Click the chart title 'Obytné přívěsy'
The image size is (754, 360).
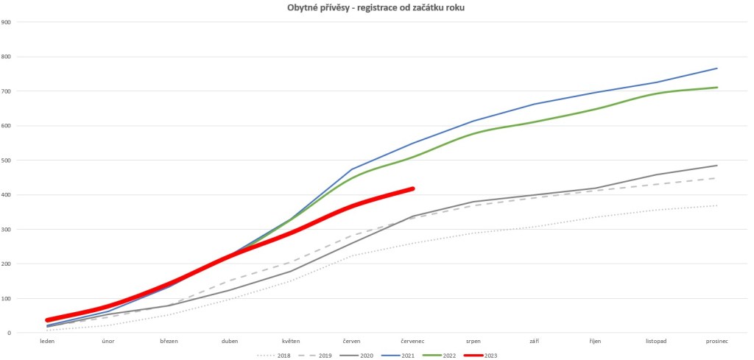tap(376, 7)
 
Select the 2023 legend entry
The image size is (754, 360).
tap(490, 355)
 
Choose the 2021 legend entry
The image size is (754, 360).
tap(408, 355)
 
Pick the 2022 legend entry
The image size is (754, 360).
tap(449, 355)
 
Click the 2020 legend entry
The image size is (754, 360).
tap(367, 355)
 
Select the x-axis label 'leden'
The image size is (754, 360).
tap(47, 341)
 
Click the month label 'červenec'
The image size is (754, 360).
tap(412, 341)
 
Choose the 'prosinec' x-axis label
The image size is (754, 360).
tap(716, 341)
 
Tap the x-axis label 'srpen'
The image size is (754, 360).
tap(473, 341)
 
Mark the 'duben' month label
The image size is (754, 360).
tap(230, 341)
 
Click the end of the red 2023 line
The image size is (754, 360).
tap(412, 189)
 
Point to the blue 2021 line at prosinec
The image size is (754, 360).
tap(716, 68)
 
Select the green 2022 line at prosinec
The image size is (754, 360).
tap(716, 88)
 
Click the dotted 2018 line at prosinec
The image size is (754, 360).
tap(716, 205)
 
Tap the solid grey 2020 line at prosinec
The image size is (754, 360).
tap(716, 166)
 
